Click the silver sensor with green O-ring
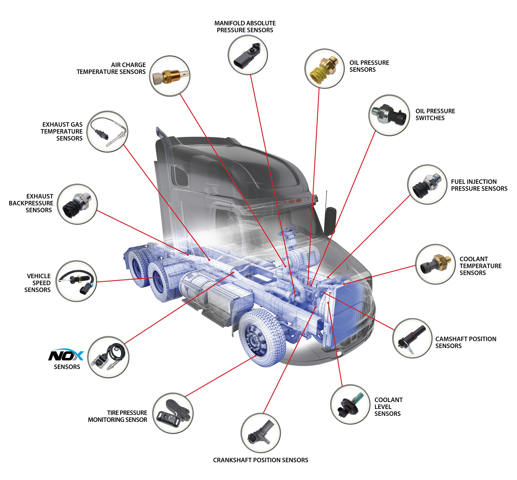389,114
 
